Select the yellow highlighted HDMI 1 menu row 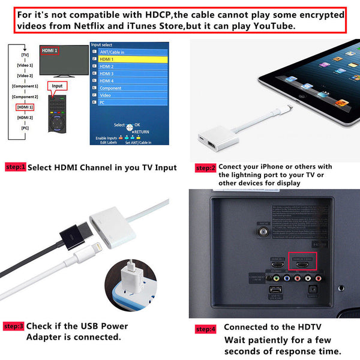click(128, 59)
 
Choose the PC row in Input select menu click(128, 102)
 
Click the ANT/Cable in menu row click(128, 52)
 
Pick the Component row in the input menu click(128, 88)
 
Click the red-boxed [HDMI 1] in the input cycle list click(25, 107)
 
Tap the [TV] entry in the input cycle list click(25, 55)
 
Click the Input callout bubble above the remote click(57, 86)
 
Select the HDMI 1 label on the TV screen click(50, 50)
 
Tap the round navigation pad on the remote click(58, 125)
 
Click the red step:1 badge click(15, 167)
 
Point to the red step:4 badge click(206, 329)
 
